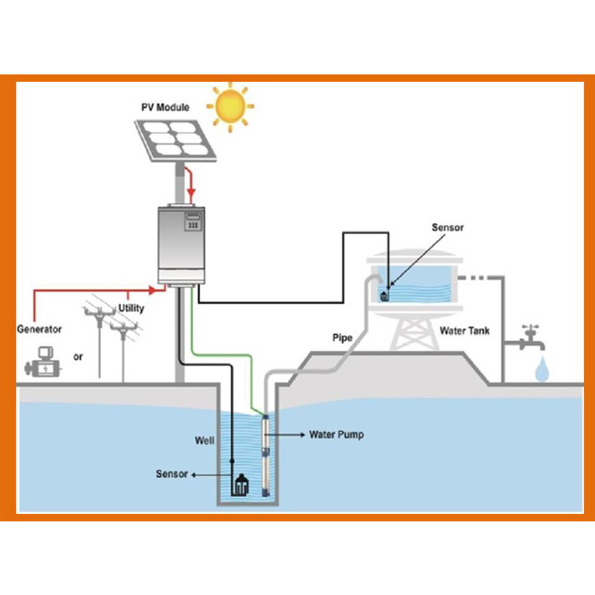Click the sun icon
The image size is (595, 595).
(230, 106)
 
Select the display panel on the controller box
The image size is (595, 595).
(196, 222)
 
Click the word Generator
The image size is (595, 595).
(39, 329)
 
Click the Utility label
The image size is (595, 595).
(132, 308)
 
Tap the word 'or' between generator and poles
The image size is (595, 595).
(78, 357)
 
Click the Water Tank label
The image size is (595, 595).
(463, 331)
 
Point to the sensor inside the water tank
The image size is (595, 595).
(385, 294)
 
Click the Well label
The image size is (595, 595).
(205, 440)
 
